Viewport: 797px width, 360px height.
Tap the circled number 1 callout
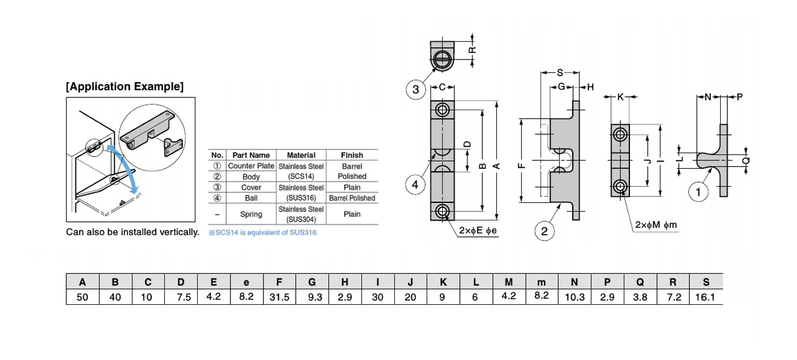698,193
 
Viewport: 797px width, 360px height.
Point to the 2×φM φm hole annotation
656,225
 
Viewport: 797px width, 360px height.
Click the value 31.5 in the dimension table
279,297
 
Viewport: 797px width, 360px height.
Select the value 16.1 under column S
705,297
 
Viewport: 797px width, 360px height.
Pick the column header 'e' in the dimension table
246,281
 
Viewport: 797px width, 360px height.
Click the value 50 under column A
82,297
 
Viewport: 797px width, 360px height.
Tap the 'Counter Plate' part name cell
251,166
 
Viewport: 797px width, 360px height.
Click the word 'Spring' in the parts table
251,214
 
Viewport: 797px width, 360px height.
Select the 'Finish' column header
351,155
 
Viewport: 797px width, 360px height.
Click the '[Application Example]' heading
124,87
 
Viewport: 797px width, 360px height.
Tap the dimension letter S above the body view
560,72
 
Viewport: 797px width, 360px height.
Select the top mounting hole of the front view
442,109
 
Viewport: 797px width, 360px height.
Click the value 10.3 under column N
574,297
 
